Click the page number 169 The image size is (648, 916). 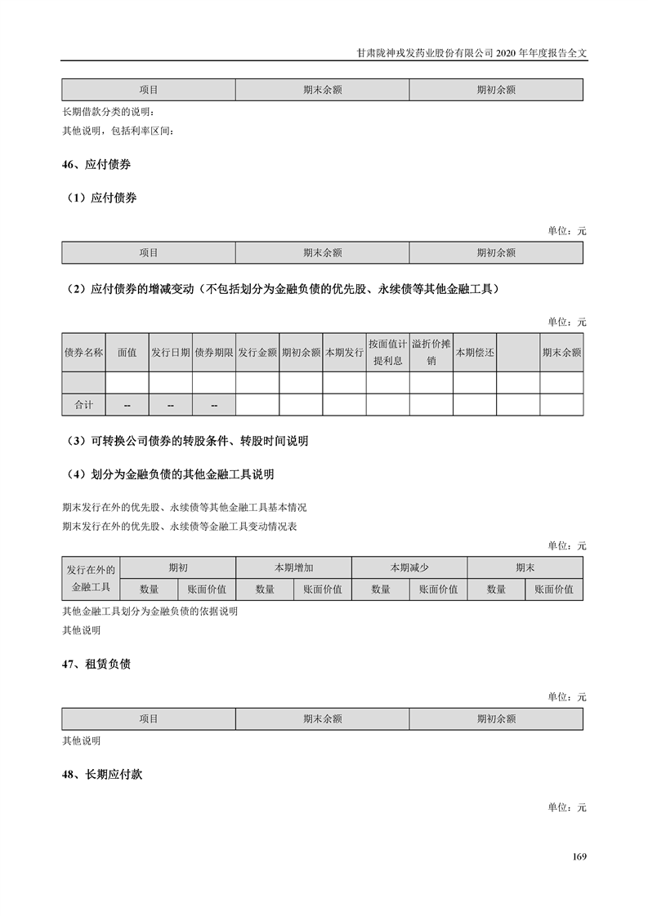coord(579,856)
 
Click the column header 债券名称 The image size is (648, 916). coord(83,353)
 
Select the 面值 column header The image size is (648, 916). coord(127,353)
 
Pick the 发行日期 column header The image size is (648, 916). coord(170,353)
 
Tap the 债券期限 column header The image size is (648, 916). coord(214,353)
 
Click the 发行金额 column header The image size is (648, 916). coord(257,353)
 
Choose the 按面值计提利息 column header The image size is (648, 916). coord(387,353)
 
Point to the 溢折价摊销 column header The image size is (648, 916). coord(431,353)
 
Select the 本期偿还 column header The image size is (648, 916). coord(475,353)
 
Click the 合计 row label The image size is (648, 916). coord(83,405)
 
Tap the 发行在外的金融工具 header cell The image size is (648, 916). coord(91,579)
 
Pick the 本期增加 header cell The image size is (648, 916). coord(293,567)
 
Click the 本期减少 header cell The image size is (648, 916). coord(409,567)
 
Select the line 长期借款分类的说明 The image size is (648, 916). coord(108,112)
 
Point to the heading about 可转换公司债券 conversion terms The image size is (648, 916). coord(188,441)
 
